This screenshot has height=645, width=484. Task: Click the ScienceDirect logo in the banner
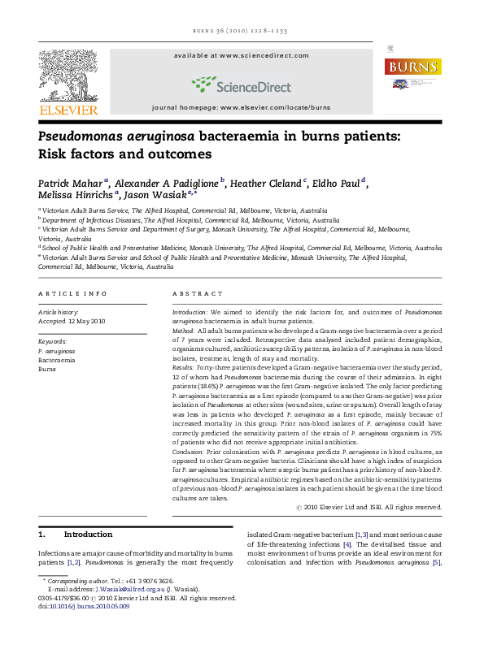click(241, 84)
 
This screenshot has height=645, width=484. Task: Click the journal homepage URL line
click(241, 107)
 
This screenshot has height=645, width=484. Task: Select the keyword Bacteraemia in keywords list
click(55, 360)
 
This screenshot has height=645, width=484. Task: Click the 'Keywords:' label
click(52, 341)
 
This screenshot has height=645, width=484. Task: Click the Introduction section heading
click(88, 535)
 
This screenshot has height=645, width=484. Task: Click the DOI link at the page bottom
click(83, 606)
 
